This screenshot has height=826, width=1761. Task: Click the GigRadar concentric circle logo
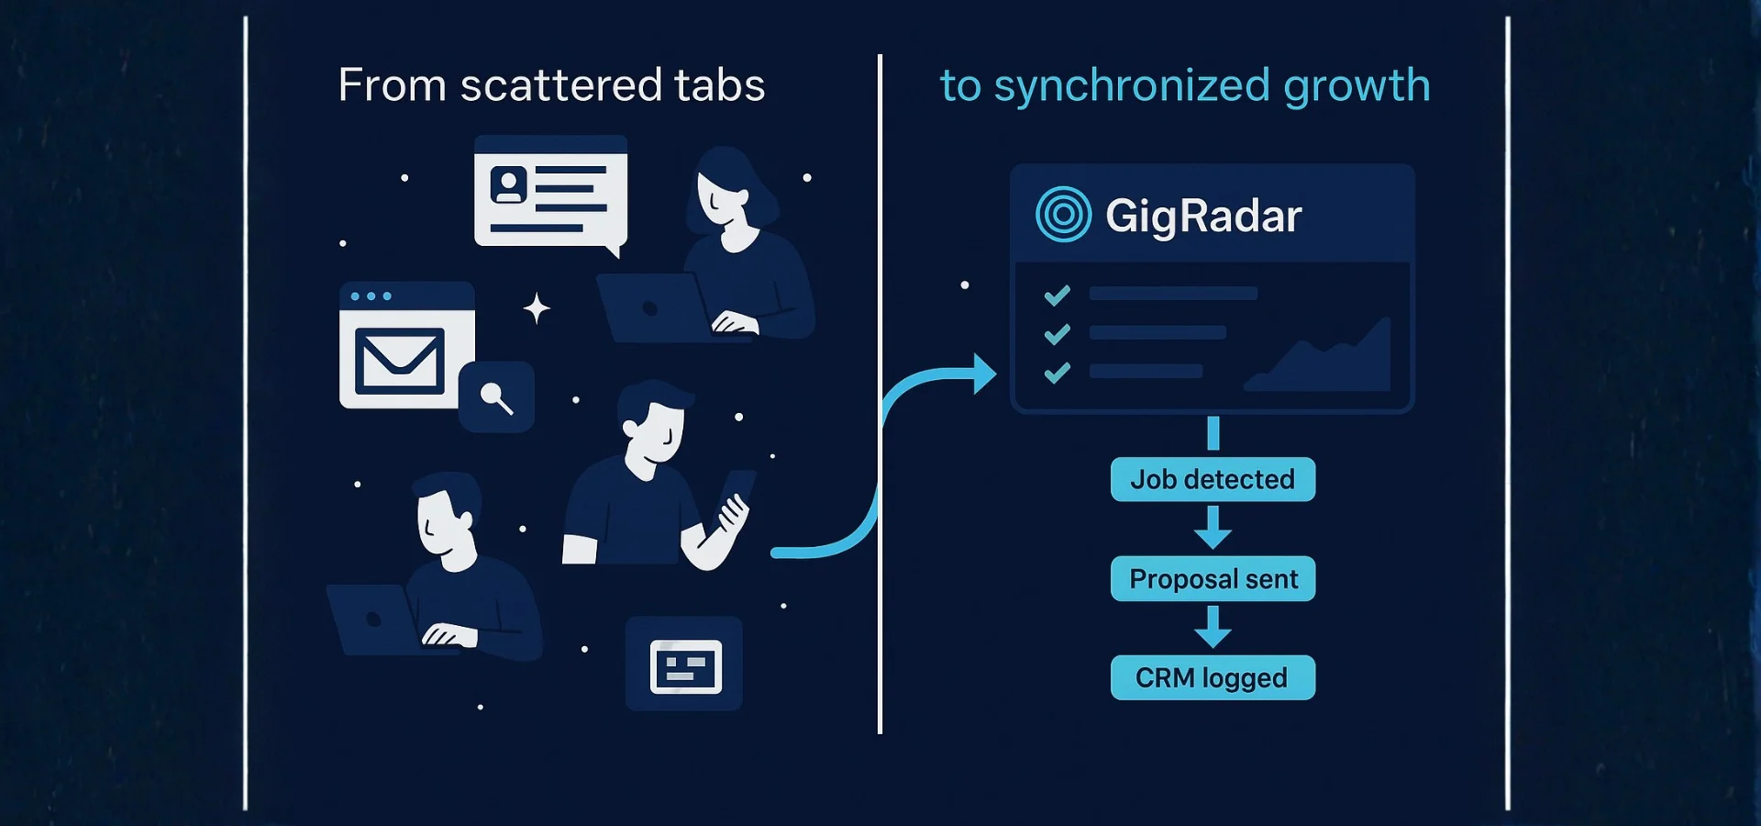tap(1063, 215)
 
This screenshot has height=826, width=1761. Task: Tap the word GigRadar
tap(1203, 217)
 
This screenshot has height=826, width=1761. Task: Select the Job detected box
tap(1213, 479)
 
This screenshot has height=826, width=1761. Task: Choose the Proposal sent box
tap(1213, 579)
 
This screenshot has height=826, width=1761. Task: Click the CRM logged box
tap(1213, 678)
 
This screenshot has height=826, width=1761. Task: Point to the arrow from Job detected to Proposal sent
tap(1213, 528)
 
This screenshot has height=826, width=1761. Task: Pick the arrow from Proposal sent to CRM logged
tap(1213, 627)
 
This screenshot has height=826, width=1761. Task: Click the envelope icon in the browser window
tap(400, 362)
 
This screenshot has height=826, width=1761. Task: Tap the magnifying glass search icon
tap(496, 397)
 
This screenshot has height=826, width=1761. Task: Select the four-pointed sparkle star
tap(537, 308)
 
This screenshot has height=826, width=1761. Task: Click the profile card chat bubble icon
tap(550, 193)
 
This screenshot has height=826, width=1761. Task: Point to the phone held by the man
tap(737, 496)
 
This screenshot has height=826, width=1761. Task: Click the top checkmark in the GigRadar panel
tap(1058, 295)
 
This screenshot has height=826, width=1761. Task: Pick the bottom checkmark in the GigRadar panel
tap(1058, 372)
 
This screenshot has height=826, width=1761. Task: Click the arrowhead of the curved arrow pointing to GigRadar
tap(984, 374)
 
